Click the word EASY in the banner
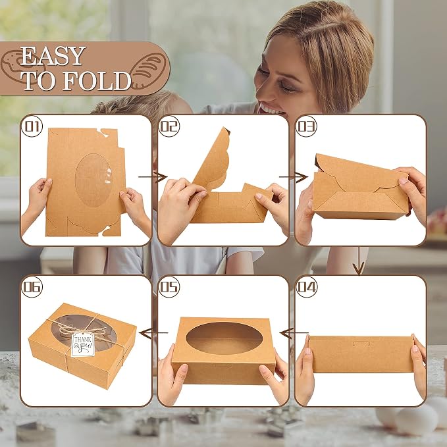tap(53, 56)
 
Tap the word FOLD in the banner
tap(97, 81)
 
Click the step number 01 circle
tap(32, 126)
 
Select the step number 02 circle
tap(169, 126)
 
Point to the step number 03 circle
tap(307, 126)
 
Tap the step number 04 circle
tap(307, 287)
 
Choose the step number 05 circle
tap(169, 287)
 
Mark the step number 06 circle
tap(32, 287)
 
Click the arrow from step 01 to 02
tap(153, 177)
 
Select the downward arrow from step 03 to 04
tap(359, 261)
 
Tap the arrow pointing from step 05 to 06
tap(154, 332)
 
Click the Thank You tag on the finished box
tap(83, 345)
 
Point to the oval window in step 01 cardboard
tap(93, 180)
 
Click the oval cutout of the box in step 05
tap(224, 338)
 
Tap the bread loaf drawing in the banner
tap(148, 70)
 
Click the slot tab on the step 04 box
tap(361, 344)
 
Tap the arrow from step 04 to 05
tap(294, 332)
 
